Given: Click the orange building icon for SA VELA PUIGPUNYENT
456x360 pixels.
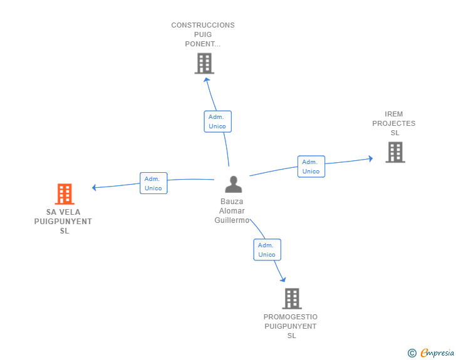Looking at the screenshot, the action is (x=65, y=194).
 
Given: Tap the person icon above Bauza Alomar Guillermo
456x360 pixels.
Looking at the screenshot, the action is (x=234, y=184).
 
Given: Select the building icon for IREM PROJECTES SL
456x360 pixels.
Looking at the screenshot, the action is (x=395, y=152).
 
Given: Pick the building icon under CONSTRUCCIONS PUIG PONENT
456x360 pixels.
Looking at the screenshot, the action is (x=204, y=63).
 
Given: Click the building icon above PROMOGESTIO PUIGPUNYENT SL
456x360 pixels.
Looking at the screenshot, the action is (x=292, y=299).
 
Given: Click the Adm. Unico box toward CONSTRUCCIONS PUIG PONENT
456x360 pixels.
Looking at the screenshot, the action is (x=217, y=121).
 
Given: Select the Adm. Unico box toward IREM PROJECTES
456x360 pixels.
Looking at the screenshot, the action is (x=311, y=167).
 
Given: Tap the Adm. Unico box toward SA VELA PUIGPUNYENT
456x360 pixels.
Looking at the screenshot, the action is (x=153, y=183).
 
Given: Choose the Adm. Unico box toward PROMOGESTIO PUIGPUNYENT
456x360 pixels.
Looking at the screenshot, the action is (x=267, y=250).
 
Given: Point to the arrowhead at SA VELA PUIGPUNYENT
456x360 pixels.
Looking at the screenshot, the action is (x=94, y=188).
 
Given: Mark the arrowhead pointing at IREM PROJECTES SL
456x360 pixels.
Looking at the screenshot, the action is (x=371, y=158).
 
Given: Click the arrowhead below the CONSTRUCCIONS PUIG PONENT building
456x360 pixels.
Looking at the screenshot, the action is (x=207, y=80).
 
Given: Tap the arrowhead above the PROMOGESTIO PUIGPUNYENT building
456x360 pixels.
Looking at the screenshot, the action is (x=283, y=280).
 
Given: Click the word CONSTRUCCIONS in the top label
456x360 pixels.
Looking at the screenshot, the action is (x=203, y=25).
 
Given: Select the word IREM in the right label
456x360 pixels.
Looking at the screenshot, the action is (x=394, y=114).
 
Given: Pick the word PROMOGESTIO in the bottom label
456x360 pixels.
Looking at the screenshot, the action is (x=291, y=317).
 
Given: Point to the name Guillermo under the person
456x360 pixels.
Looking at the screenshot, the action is (x=232, y=220).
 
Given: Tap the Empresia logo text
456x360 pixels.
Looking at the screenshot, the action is (x=437, y=352).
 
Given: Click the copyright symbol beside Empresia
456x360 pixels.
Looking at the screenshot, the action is (x=412, y=353).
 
